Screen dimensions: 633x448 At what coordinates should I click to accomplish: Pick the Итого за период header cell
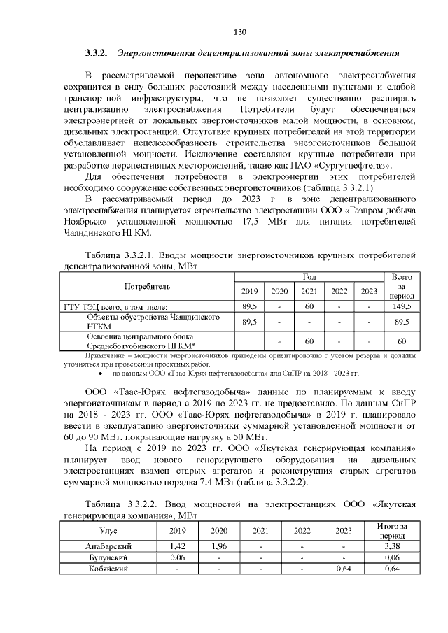[392, 530]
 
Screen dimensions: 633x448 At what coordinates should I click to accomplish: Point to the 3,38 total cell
[392, 546]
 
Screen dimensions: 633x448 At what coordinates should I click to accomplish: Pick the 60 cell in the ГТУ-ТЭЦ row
[309, 306]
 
